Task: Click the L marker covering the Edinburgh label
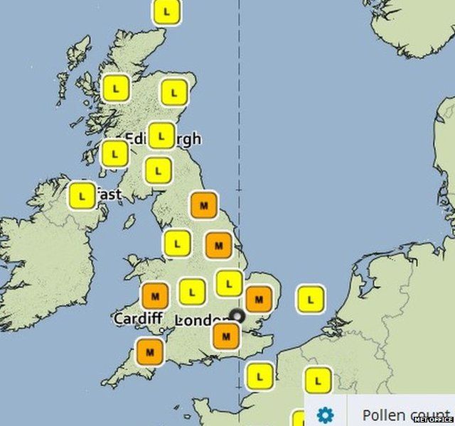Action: pyautogui.click(x=161, y=135)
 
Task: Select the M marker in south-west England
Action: pyautogui.click(x=149, y=350)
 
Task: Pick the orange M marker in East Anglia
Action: pyautogui.click(x=259, y=299)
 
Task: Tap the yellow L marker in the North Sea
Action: pyautogui.click(x=310, y=298)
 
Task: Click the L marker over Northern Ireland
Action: pyautogui.click(x=82, y=195)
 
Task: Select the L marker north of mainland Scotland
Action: pyautogui.click(x=167, y=12)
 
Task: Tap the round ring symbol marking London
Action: pyautogui.click(x=237, y=317)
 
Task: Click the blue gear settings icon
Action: pyautogui.click(x=325, y=415)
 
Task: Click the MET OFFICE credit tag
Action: pyautogui.click(x=433, y=420)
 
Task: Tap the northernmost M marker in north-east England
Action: pyautogui.click(x=204, y=205)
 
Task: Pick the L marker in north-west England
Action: pyautogui.click(x=176, y=244)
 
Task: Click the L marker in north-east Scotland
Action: pyautogui.click(x=173, y=92)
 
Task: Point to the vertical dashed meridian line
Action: pyautogui.click(x=239, y=142)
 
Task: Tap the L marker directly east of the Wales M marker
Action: pyautogui.click(x=192, y=291)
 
